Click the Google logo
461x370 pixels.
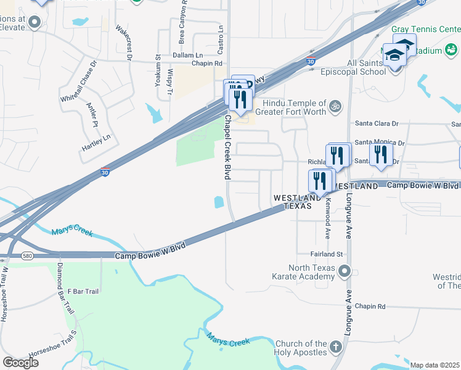coord(20,362)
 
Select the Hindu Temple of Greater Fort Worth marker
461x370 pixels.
coord(335,107)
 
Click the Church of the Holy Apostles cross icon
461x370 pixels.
coord(335,347)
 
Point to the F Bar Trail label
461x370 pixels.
coord(83,291)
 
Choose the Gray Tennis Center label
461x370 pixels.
coord(425,29)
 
